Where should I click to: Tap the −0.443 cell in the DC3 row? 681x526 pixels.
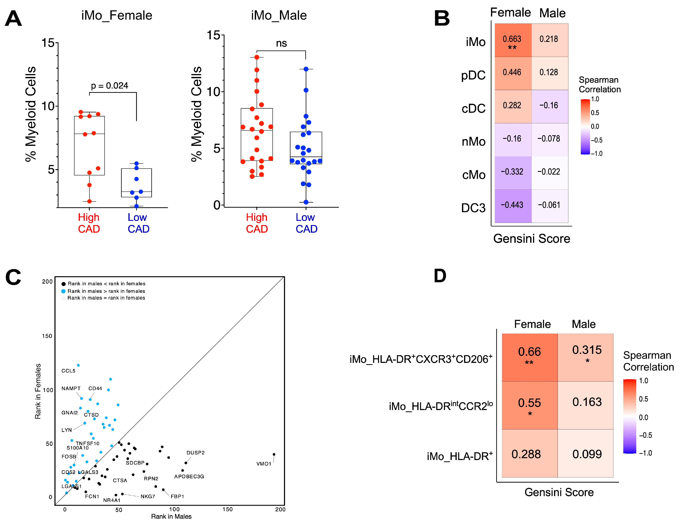click(513, 206)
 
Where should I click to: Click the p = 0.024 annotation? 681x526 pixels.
click(109, 86)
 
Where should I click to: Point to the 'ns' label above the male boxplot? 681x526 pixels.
click(281, 43)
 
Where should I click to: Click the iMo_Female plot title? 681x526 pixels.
click(117, 15)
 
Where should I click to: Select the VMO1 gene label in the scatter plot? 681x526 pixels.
click(264, 464)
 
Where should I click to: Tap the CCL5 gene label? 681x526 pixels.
click(68, 371)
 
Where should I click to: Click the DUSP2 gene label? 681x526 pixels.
click(196, 453)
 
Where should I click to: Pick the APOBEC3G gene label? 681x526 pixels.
click(189, 476)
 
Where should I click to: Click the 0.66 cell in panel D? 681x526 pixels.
click(529, 357)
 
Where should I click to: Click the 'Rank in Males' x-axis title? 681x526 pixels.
click(171, 516)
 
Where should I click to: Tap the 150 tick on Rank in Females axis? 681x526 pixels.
click(47, 336)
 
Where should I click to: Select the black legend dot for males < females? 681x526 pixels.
click(64, 284)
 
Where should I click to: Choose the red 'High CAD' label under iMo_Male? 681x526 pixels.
click(257, 223)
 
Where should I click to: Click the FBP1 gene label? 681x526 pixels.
click(177, 496)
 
